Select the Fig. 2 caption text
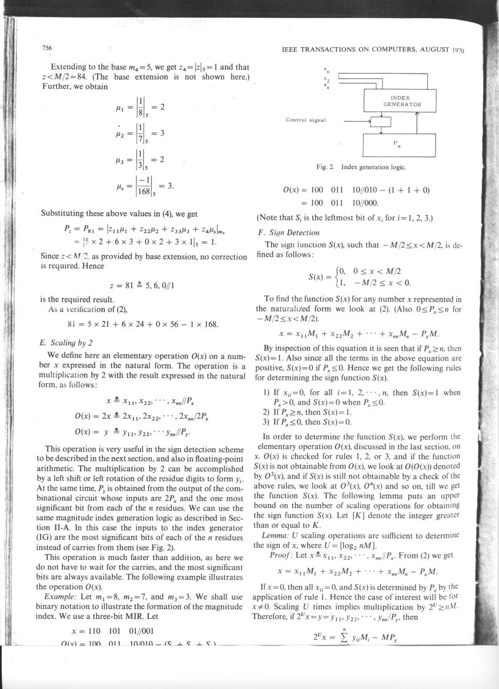(x=361, y=168)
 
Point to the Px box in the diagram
(x=400, y=143)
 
